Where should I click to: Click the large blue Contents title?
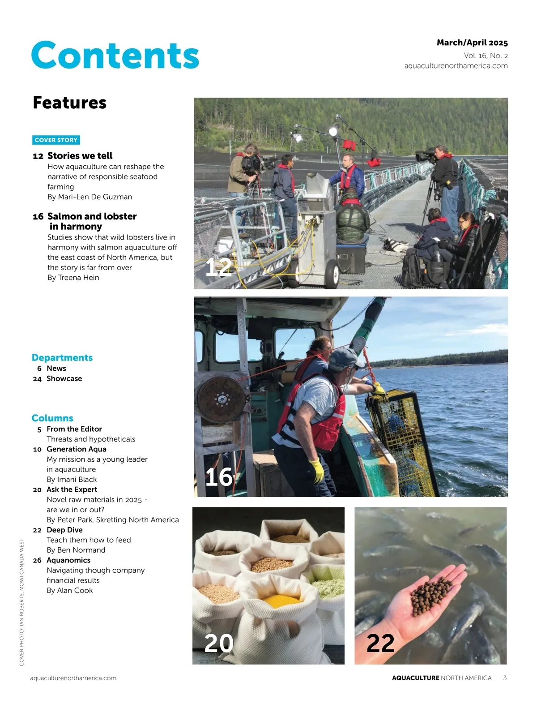pos(115,55)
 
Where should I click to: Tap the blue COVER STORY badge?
pos(56,140)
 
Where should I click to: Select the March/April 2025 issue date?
pos(472,43)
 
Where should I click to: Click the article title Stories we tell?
pos(80,156)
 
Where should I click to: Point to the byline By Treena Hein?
pos(73,278)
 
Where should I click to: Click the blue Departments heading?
pos(62,358)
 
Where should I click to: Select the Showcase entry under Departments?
pos(64,379)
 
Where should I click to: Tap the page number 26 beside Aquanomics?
pos(37,561)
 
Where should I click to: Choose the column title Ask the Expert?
pos(72,490)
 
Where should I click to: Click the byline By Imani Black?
pos(72,480)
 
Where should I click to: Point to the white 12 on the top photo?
pos(218,267)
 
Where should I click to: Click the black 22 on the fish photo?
pos(380,644)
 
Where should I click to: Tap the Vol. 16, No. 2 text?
pos(486,56)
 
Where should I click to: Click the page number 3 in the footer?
pos(505,678)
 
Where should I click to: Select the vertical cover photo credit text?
pos(21,602)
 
